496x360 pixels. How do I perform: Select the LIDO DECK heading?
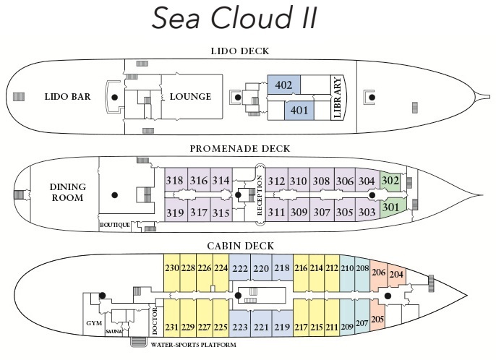click(239, 51)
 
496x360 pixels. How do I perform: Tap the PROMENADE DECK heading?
click(239, 149)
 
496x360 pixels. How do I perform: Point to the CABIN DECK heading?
click(239, 246)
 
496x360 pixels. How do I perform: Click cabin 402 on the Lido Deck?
click(283, 85)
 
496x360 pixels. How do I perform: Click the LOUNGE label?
click(191, 97)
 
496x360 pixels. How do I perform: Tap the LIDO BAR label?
click(67, 97)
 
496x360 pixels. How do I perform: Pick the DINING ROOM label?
click(67, 192)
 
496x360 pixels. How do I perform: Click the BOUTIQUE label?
click(115, 225)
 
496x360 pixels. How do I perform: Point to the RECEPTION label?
click(260, 196)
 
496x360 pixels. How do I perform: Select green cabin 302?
click(390, 181)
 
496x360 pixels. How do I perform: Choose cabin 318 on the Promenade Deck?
click(174, 181)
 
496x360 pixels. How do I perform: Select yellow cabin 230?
click(171, 268)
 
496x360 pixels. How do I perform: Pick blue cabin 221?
click(261, 327)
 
